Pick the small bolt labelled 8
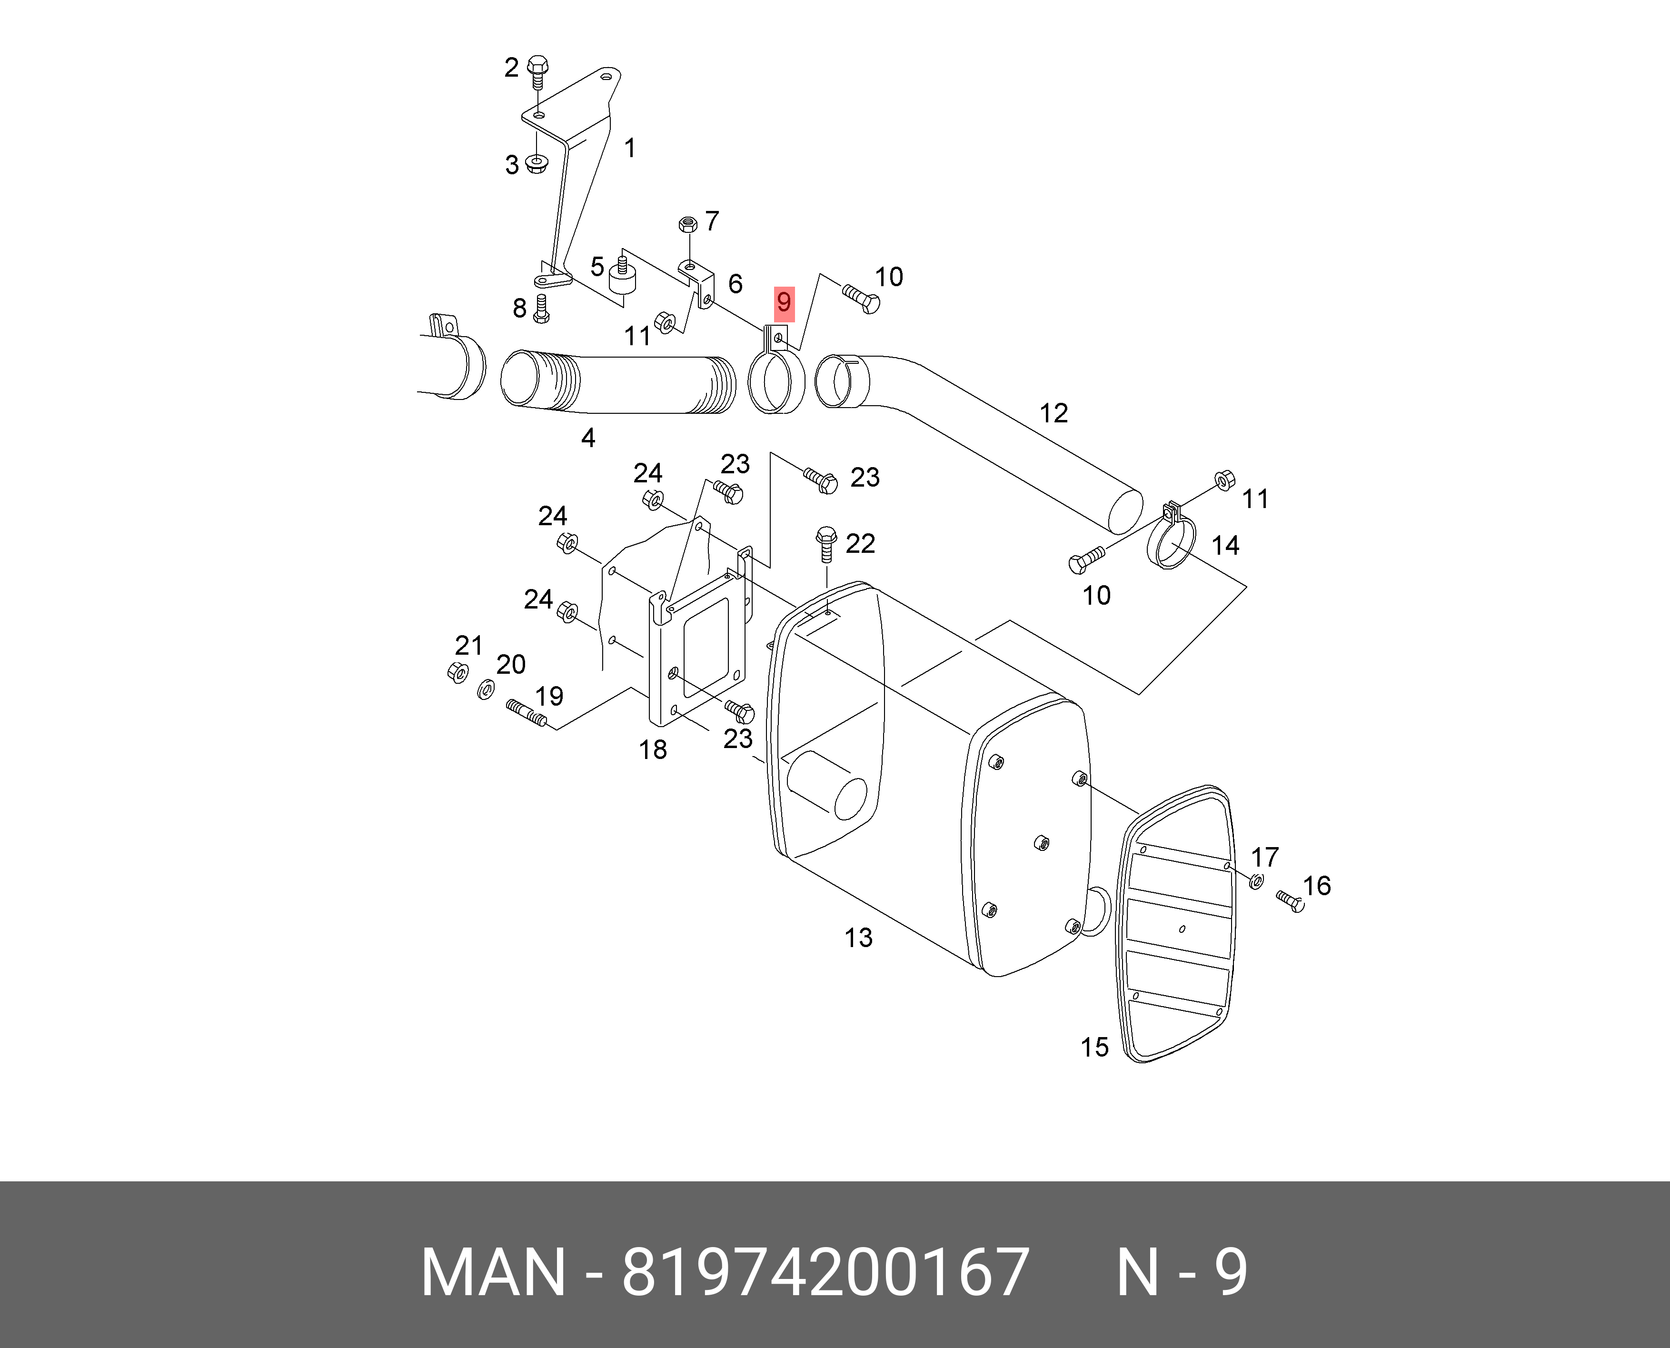click(x=542, y=308)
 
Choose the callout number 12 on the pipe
click(x=1054, y=413)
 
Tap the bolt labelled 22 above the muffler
click(x=826, y=544)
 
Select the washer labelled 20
click(x=485, y=689)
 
